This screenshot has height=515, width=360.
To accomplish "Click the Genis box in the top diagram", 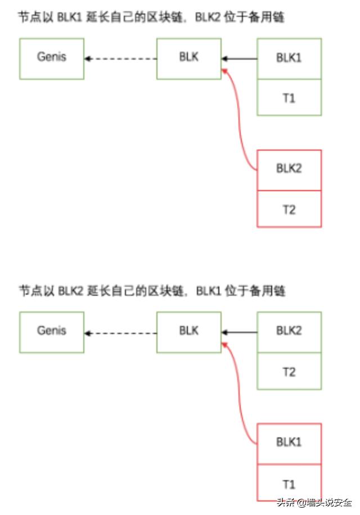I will (x=52, y=58).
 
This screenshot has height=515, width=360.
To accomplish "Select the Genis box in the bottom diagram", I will (x=52, y=332).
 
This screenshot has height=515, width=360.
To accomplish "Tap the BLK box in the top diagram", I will (x=189, y=58).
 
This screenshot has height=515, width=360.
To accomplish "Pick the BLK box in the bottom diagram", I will (x=189, y=332).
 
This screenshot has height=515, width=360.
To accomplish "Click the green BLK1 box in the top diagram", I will (x=289, y=58).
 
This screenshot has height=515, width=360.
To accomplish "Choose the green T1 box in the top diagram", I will (x=289, y=97).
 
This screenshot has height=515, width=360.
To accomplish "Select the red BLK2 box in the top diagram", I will (x=289, y=170).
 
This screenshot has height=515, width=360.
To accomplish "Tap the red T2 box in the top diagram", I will (x=289, y=209).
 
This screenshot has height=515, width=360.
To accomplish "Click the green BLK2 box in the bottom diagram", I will (x=289, y=332).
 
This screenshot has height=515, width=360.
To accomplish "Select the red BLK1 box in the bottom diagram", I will (x=289, y=443).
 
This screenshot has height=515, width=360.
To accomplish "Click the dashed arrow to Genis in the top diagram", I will (x=120, y=58).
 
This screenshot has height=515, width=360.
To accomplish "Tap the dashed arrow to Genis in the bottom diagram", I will (x=120, y=333).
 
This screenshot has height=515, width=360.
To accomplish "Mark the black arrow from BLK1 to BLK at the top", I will (x=240, y=58).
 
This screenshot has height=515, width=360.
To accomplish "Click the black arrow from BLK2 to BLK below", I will (x=240, y=333).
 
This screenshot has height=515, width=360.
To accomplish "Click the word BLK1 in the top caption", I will (x=69, y=17).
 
